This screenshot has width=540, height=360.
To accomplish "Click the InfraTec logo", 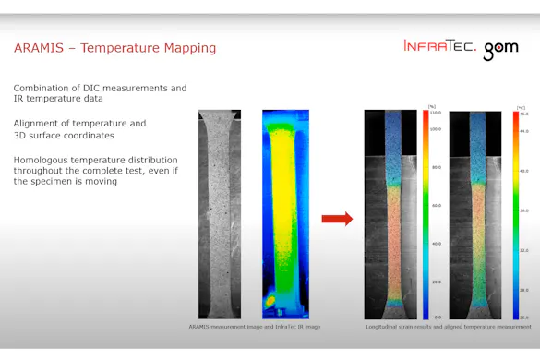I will [440, 46].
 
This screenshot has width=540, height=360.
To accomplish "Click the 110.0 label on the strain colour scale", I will [435, 113].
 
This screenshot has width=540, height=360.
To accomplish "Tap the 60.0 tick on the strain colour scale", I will [435, 206].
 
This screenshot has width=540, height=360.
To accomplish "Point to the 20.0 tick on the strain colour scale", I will [435, 282].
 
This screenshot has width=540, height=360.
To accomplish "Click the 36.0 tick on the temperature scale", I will [523, 210].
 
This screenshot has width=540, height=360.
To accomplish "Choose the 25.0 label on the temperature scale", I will [523, 317].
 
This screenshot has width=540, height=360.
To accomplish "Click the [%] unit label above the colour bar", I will [431, 106].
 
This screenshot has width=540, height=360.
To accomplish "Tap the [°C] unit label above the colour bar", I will [521, 107].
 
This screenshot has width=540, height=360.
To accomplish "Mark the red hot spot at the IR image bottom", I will [269, 302].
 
